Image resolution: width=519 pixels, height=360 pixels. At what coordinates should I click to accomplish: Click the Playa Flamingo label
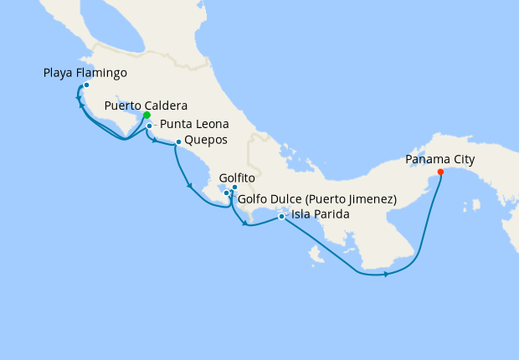point(85,74)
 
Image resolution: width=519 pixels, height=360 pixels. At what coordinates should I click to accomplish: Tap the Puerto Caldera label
point(146,105)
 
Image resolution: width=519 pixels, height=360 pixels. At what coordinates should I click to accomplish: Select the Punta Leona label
point(195,124)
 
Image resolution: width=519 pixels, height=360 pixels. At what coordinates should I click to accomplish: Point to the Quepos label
point(205,140)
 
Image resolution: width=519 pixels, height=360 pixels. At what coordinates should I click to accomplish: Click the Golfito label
point(237,178)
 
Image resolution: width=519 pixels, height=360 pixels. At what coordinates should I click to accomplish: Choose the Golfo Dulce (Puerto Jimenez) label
point(317,199)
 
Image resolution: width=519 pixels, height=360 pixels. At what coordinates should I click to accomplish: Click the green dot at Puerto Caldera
point(146,116)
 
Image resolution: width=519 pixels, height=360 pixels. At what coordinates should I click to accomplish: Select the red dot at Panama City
point(440,173)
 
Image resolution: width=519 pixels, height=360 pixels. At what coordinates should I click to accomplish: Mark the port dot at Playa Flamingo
point(86,85)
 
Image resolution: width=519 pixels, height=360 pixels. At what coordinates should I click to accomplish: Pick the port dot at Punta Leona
point(149,126)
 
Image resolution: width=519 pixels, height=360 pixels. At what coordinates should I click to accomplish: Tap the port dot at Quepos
point(178,142)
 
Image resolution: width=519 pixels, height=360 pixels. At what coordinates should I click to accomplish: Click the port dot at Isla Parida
point(281,217)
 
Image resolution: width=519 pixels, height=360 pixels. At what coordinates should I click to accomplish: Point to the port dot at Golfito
point(234,188)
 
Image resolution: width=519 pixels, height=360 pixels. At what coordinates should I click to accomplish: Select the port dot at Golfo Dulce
point(226,193)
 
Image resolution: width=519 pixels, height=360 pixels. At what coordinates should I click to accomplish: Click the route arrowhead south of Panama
point(385,274)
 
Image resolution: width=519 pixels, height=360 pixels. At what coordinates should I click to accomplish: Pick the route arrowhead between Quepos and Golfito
point(190,185)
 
